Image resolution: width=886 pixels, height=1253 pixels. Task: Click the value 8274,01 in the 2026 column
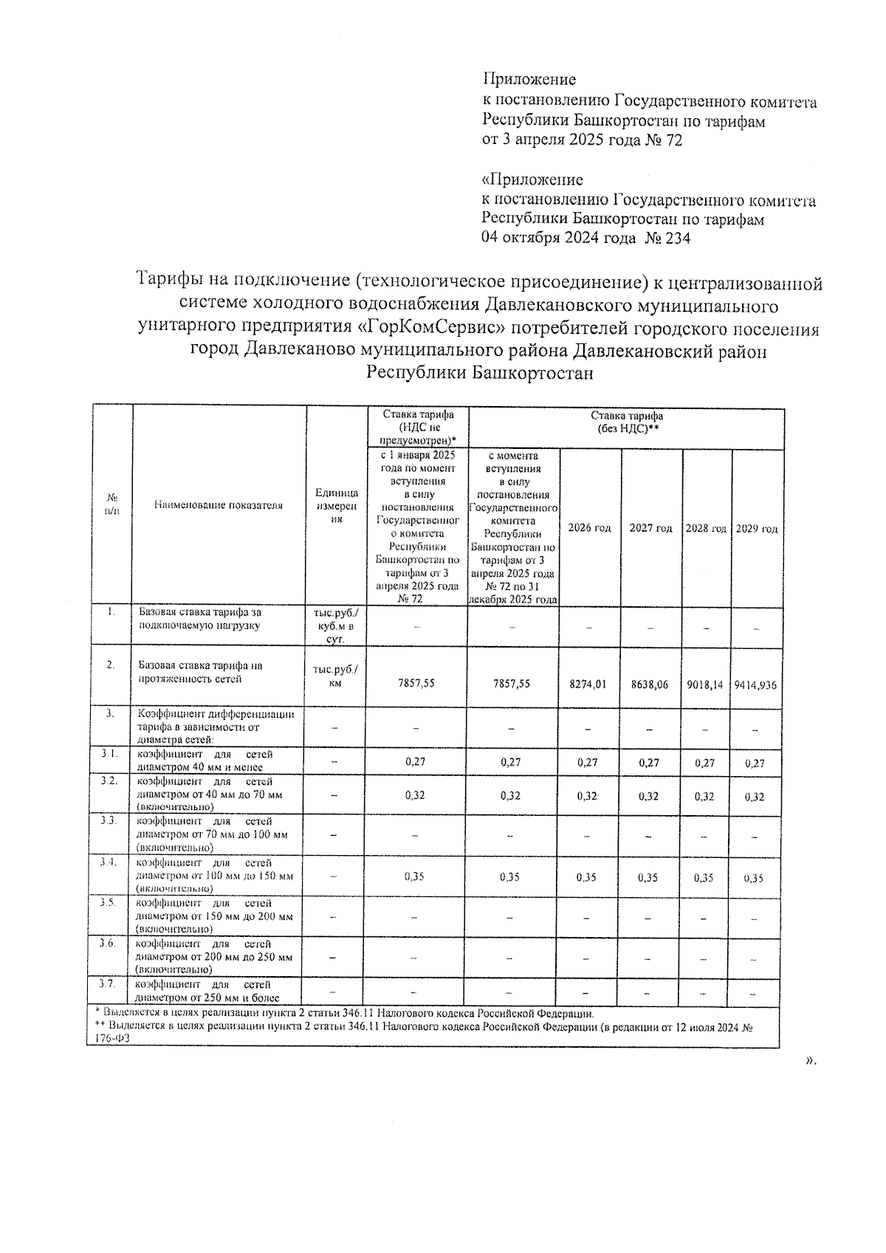[588, 684]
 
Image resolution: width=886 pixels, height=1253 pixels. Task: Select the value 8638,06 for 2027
[650, 684]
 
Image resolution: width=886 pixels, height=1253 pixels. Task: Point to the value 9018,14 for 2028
[705, 684]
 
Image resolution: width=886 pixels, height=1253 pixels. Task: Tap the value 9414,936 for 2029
[755, 684]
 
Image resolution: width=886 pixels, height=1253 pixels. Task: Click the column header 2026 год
[589, 529]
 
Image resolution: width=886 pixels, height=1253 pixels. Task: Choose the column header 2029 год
[757, 529]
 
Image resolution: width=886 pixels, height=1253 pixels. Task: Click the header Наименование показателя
[219, 505]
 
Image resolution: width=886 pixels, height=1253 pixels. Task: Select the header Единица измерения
[337, 506]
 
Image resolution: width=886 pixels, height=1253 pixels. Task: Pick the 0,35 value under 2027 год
[649, 878]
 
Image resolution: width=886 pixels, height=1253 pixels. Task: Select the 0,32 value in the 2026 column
[588, 797]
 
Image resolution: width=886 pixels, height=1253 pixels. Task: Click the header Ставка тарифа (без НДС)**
[627, 422]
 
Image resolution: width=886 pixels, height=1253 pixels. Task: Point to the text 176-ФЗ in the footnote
[105, 1038]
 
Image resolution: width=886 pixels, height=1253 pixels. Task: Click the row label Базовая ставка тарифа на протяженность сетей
[200, 673]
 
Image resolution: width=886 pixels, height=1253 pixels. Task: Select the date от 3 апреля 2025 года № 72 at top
[582, 140]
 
